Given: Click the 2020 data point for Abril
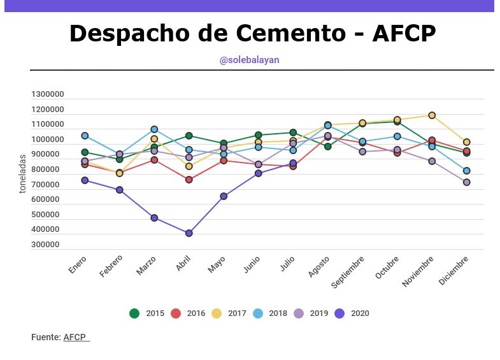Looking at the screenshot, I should tap(189, 233).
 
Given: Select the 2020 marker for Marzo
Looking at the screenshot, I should tap(154, 218).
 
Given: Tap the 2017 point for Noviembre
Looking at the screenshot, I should tap(432, 115).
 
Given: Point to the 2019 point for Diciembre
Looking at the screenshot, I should tap(466, 182).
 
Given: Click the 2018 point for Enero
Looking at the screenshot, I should tap(85, 136).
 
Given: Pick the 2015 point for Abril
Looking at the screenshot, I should tap(189, 136).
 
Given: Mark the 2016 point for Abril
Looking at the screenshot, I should tap(189, 180).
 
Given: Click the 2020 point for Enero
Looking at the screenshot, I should tap(85, 180).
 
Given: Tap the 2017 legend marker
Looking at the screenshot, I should tap(216, 313).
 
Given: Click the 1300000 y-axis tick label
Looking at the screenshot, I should tap(48, 94).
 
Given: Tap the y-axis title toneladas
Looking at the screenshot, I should tap(23, 173).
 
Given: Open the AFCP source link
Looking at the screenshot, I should tap(76, 337).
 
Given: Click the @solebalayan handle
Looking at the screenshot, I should tap(250, 60).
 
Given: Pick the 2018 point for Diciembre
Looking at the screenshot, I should tap(466, 171).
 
